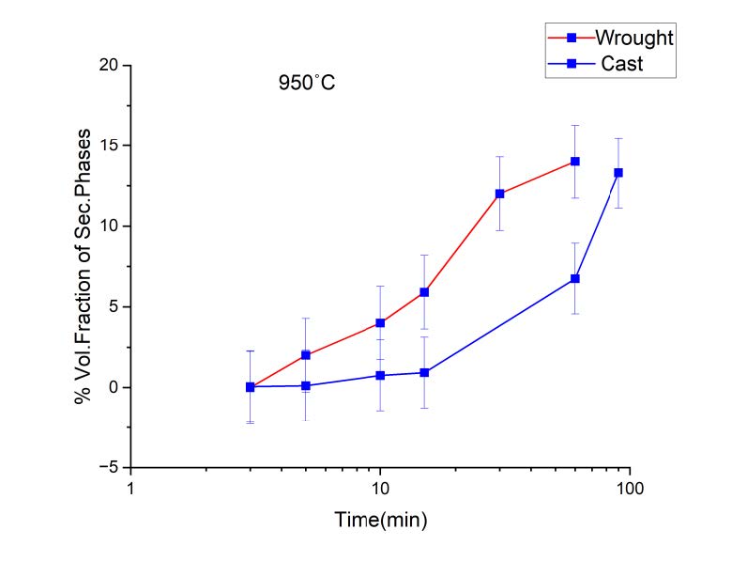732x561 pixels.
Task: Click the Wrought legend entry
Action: [x=634, y=39]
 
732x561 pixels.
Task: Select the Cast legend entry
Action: [x=623, y=64]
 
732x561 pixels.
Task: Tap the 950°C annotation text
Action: [x=306, y=83]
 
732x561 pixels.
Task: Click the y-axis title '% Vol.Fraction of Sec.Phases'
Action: [x=84, y=266]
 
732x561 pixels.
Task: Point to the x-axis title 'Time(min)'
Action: [x=379, y=519]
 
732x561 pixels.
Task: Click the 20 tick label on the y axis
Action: [x=112, y=66]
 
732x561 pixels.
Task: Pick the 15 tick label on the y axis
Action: [x=112, y=146]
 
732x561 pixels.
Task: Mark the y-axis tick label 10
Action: [x=112, y=226]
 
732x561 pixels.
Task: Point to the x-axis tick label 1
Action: [x=130, y=489]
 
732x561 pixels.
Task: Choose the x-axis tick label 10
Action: [x=379, y=489]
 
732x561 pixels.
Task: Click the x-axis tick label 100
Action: [x=628, y=489]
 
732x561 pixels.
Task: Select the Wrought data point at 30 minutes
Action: [x=499, y=194]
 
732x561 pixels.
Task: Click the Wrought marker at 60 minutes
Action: [x=574, y=162]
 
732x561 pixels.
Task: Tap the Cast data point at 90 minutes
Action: [x=618, y=173]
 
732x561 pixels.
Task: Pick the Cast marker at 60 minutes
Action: [x=574, y=279]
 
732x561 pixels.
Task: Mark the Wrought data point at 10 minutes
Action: [x=380, y=322]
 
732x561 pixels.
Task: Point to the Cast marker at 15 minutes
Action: [x=424, y=372]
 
